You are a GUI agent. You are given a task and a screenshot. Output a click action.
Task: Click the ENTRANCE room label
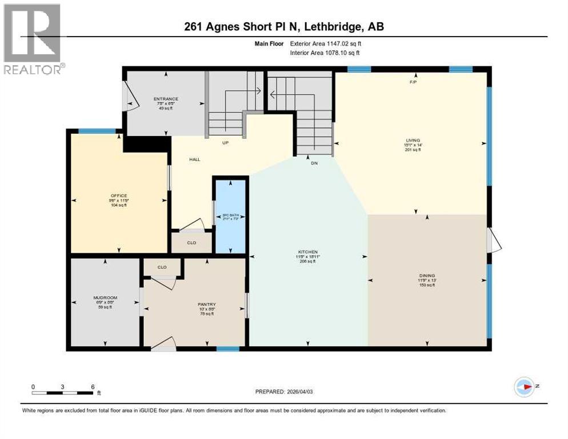click(x=165, y=99)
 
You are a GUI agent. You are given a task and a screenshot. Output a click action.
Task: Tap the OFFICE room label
click(x=119, y=195)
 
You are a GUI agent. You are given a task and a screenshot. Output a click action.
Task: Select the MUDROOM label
click(x=105, y=298)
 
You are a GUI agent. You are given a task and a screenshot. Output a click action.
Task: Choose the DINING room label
click(x=427, y=276)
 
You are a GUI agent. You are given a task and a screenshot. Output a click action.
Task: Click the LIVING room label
click(x=413, y=140)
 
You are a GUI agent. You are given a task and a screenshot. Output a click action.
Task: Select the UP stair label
click(x=226, y=143)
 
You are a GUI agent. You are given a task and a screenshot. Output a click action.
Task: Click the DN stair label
click(x=314, y=163)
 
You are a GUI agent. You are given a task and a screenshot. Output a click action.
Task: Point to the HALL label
click(x=195, y=159)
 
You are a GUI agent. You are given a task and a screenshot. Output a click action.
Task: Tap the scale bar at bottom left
click(x=63, y=392)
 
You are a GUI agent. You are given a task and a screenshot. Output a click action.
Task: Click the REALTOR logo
click(x=33, y=40)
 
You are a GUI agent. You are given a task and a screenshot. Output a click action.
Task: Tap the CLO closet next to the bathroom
click(x=192, y=242)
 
